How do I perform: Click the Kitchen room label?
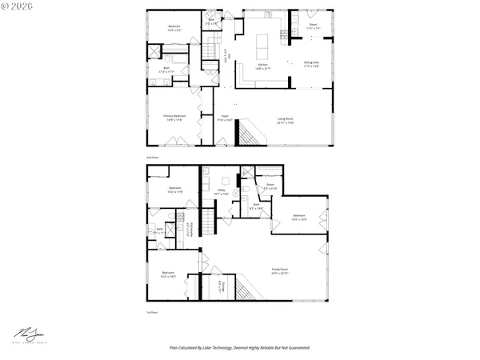263,66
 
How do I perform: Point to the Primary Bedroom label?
175,118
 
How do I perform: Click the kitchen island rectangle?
264,42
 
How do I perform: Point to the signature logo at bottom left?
30,333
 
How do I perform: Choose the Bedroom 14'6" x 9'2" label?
174,28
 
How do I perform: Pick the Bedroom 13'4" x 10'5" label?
299,217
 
